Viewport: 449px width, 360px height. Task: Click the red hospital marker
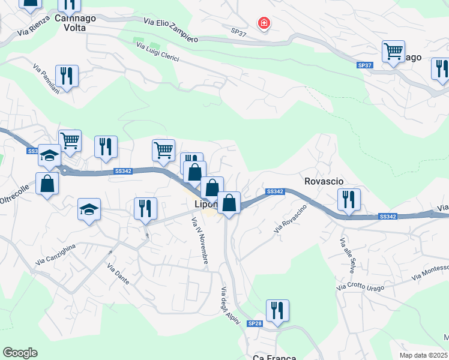tap(264, 24)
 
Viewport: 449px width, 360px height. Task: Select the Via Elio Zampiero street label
tap(171, 29)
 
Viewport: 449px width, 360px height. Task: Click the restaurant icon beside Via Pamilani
tap(67, 76)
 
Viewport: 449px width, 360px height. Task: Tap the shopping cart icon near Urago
tap(393, 52)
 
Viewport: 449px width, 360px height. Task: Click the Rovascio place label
tap(324, 181)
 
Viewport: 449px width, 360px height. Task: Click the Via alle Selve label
tap(347, 256)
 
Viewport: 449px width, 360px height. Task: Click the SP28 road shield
tap(255, 323)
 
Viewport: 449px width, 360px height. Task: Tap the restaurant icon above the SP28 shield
tap(277, 310)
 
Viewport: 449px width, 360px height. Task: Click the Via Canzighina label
tap(56, 254)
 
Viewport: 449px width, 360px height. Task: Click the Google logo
tap(20, 353)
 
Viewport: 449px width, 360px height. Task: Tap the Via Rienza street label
tap(32, 29)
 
